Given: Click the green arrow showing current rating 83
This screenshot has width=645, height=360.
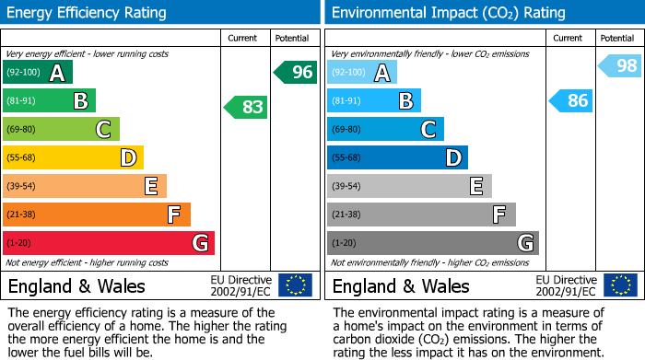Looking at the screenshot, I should point(246,107).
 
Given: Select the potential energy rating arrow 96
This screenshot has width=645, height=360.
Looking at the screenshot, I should point(296,72).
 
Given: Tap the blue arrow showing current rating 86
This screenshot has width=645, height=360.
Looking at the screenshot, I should point(570,100).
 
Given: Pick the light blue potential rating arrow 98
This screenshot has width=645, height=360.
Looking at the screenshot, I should point(620,65).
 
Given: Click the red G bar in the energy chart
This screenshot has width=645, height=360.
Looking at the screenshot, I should point(109,243).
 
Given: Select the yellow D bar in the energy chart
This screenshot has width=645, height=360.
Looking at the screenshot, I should point(73,157).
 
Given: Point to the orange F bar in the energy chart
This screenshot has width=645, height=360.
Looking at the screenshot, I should point(97,215).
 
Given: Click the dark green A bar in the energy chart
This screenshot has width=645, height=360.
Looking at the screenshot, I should point(38,72).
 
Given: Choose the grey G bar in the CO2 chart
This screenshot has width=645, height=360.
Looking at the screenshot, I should point(432,243).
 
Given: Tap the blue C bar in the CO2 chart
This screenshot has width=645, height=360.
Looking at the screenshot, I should point(385,129).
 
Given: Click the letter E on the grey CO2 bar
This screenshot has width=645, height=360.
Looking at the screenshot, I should point(476,186).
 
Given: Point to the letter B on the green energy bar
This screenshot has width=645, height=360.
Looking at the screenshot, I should point(81,100).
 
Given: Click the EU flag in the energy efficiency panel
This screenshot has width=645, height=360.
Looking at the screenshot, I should point(295,285).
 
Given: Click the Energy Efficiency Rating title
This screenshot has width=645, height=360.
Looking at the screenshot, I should point(88,13).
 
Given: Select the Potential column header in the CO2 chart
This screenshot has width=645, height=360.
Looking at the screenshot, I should point(616,38).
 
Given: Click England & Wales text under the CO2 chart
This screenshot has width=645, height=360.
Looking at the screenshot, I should point(401,285).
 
